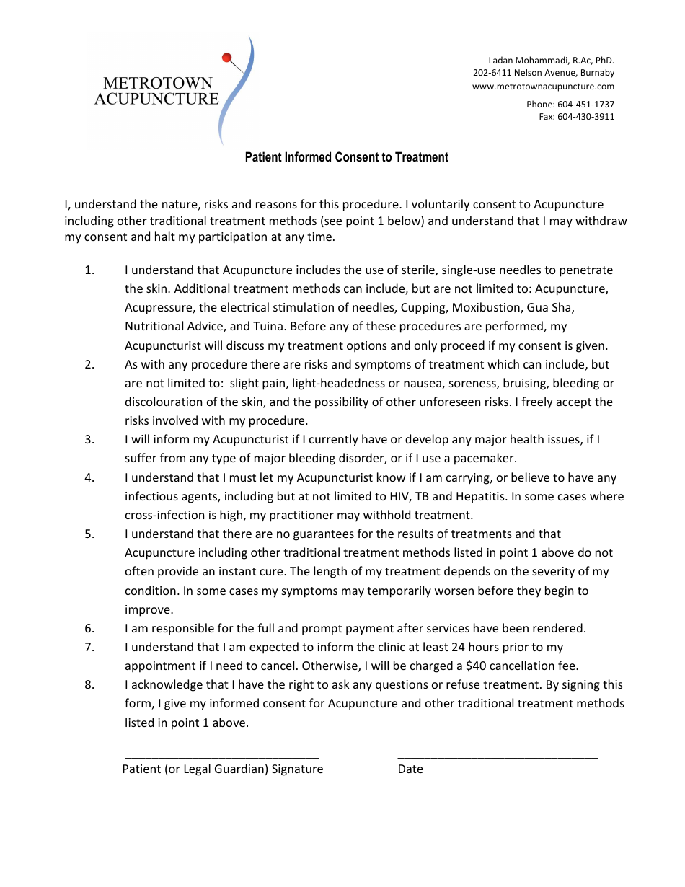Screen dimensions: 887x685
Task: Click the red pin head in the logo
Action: click(x=226, y=58)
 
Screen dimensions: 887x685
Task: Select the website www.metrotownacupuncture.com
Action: click(x=543, y=87)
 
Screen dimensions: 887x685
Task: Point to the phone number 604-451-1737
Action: click(x=585, y=105)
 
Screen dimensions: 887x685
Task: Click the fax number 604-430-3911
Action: click(x=585, y=117)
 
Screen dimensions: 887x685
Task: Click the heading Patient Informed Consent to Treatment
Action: click(x=346, y=157)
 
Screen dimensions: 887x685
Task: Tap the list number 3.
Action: click(x=89, y=439)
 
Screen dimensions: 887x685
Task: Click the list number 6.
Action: click(x=89, y=628)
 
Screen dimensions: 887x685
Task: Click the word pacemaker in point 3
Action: click(x=484, y=458)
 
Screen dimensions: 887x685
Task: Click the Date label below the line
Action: click(x=410, y=769)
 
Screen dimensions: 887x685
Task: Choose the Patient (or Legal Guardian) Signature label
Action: click(x=222, y=769)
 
